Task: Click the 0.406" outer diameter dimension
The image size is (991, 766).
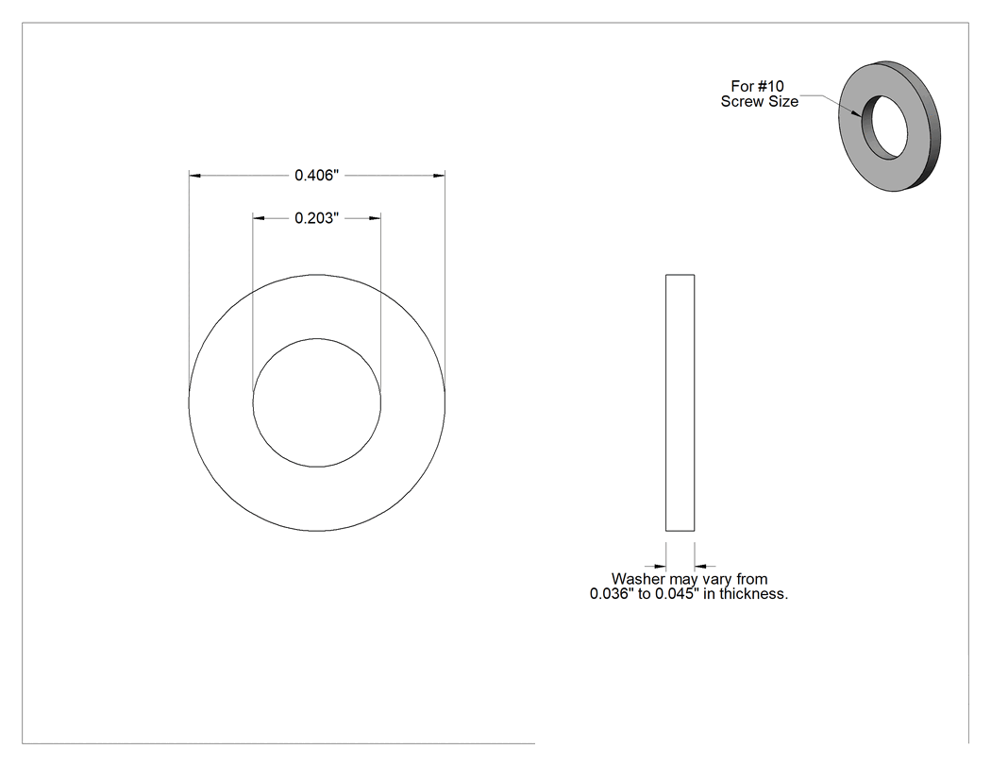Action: (x=316, y=176)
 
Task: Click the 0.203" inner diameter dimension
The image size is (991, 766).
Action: (x=316, y=218)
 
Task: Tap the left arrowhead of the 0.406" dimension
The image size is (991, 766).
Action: (x=194, y=176)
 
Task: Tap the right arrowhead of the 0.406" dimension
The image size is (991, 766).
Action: (x=439, y=176)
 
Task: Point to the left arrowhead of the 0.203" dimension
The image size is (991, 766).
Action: (x=259, y=218)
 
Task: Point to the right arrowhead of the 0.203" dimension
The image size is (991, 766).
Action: (x=375, y=218)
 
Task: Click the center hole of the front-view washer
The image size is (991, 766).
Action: (x=316, y=403)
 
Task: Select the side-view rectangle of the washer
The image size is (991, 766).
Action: (x=680, y=403)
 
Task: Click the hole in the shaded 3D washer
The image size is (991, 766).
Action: (x=885, y=128)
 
